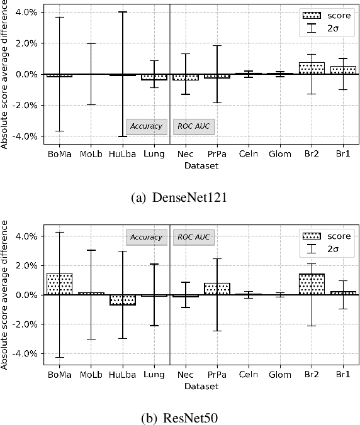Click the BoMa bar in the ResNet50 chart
[60, 284]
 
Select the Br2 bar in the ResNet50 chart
[312, 284]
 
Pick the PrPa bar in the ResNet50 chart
[217, 289]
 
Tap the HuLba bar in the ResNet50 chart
[123, 300]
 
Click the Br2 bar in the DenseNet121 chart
[312, 69]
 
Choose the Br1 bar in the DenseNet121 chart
[343, 70]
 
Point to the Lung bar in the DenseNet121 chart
[154, 77]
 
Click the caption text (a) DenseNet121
[180, 197]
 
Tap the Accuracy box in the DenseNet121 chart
[147, 126]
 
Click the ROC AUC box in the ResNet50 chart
[194, 237]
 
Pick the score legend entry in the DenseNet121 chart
[327, 15]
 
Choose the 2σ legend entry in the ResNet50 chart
[327, 250]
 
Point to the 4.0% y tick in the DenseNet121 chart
[26, 12]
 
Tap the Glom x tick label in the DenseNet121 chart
[280, 153]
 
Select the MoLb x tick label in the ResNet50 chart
[91, 374]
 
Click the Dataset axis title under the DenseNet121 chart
[201, 166]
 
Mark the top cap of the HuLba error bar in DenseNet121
[123, 12]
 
